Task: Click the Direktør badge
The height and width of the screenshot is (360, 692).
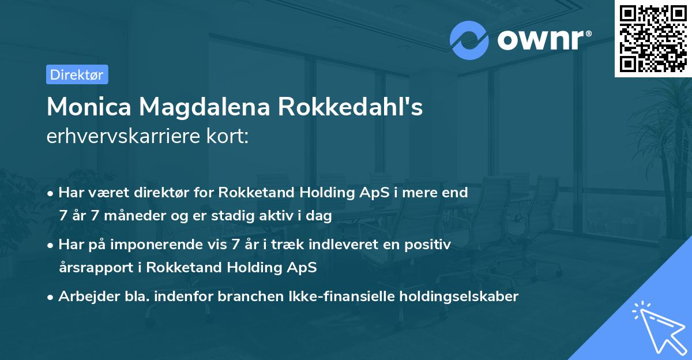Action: [x=77, y=74]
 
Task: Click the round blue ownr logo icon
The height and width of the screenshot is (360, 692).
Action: [x=470, y=40]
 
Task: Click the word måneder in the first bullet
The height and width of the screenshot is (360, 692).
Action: [x=136, y=216]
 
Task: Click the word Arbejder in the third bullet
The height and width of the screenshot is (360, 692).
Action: [x=84, y=297]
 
